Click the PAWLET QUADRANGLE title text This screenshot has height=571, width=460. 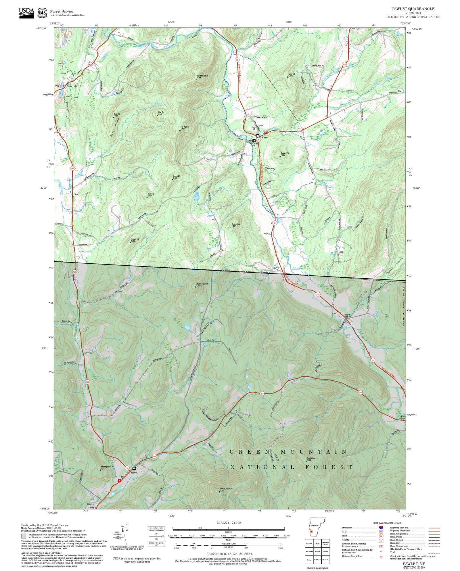coord(413,9)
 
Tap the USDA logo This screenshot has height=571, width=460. coord(26,13)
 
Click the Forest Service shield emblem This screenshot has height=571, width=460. coord(42,13)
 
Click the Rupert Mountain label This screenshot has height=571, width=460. coord(202,284)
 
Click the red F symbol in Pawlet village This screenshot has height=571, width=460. coord(266,133)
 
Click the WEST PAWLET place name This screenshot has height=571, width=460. coord(67,86)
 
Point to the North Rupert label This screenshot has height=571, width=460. coord(348,316)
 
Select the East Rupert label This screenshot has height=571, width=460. coord(403,417)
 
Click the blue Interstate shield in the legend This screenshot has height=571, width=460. coord(381,528)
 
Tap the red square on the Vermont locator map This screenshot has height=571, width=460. coord(311,532)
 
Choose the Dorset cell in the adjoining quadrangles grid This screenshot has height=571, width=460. coord(325,552)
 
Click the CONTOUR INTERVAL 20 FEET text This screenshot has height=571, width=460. coord(230,554)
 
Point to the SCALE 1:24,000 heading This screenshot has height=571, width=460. coord(229,523)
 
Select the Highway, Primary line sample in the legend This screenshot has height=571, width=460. coord(434,528)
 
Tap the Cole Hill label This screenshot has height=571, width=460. coord(117,114)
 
